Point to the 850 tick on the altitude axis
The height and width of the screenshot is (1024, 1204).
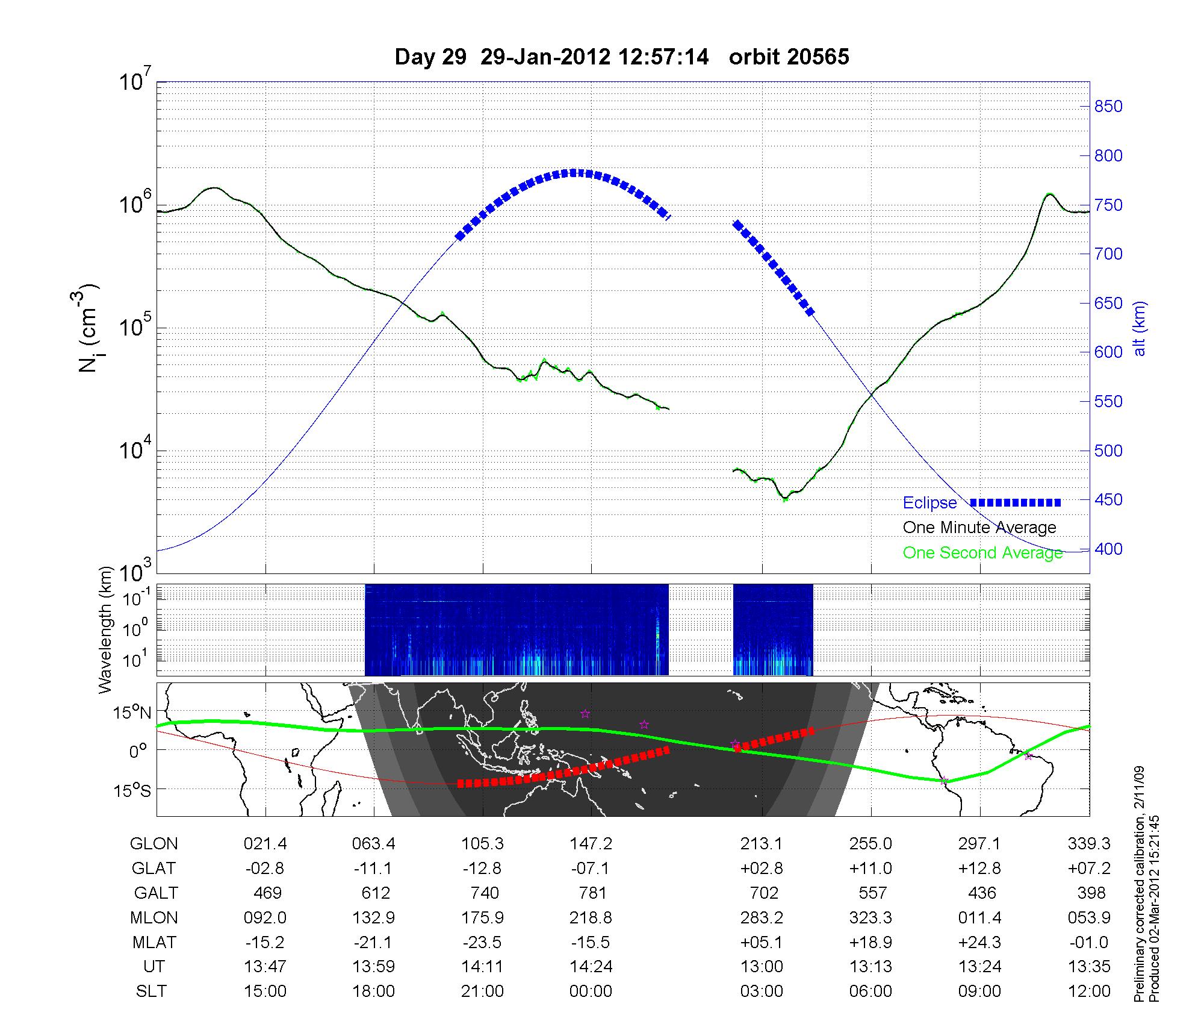[1108, 107]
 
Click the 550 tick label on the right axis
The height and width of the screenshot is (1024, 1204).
[1108, 402]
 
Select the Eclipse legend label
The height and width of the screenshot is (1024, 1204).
[929, 503]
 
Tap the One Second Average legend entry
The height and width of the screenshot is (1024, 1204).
[982, 553]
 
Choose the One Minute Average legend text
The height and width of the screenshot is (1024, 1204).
[979, 528]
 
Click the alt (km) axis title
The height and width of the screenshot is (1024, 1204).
[1140, 328]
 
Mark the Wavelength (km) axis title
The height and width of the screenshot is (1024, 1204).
[106, 630]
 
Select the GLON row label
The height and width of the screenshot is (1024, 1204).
[154, 844]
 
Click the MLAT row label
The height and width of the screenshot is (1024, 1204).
[154, 942]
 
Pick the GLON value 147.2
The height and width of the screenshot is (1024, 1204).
[591, 844]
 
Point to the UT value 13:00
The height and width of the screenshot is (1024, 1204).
[762, 967]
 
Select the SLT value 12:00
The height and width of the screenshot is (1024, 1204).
[1089, 991]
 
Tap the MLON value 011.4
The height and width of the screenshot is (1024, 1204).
[980, 917]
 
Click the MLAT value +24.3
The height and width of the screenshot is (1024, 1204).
[980, 942]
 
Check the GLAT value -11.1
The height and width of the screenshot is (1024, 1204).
[374, 869]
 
